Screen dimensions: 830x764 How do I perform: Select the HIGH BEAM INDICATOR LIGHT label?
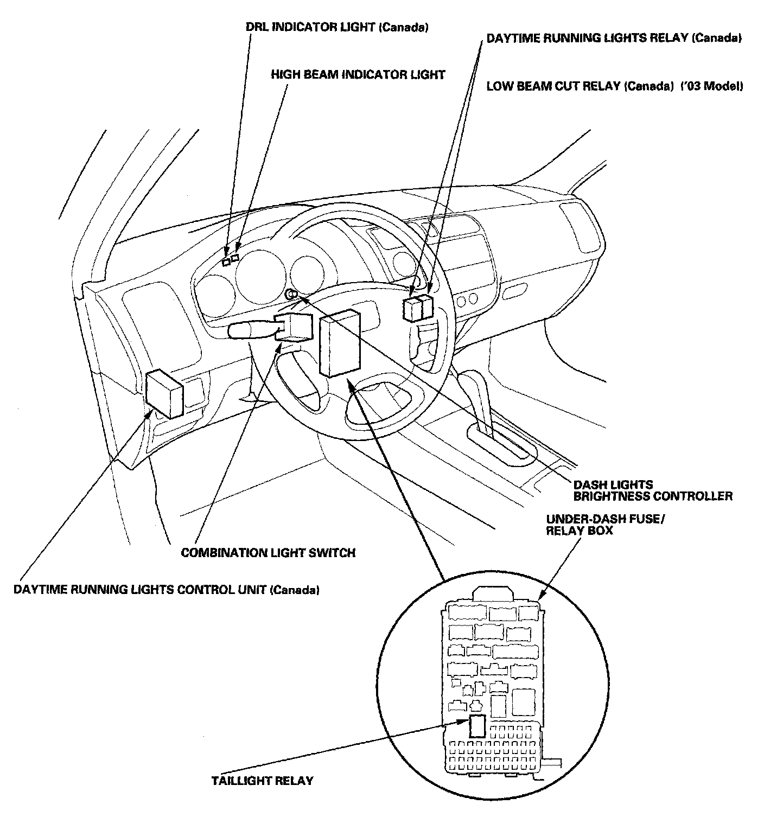(x=358, y=75)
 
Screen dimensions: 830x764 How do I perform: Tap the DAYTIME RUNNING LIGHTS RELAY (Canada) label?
(x=614, y=39)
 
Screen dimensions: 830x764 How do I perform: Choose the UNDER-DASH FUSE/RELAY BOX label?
(x=605, y=525)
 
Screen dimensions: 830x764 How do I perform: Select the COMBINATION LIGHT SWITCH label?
(x=268, y=553)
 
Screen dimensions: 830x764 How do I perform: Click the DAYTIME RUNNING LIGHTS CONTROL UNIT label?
(x=166, y=590)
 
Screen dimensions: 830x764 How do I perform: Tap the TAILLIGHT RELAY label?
(x=262, y=781)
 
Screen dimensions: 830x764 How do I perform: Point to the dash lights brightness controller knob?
(x=291, y=295)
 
